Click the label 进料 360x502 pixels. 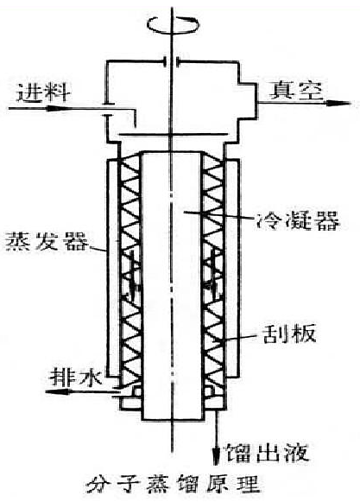pyautogui.click(x=43, y=92)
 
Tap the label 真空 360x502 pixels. pyautogui.click(x=296, y=91)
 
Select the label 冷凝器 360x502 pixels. pyautogui.click(x=298, y=220)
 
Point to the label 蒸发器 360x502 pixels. pyautogui.click(x=47, y=241)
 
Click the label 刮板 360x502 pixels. pyautogui.click(x=289, y=334)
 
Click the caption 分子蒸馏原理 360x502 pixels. pyautogui.click(x=173, y=485)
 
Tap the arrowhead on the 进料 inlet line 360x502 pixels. pyautogui.click(x=53, y=109)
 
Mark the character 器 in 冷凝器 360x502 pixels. pyautogui.click(x=326, y=220)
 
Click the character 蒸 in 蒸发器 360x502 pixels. pyautogui.click(x=18, y=241)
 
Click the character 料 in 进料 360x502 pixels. pyautogui.click(x=58, y=92)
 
